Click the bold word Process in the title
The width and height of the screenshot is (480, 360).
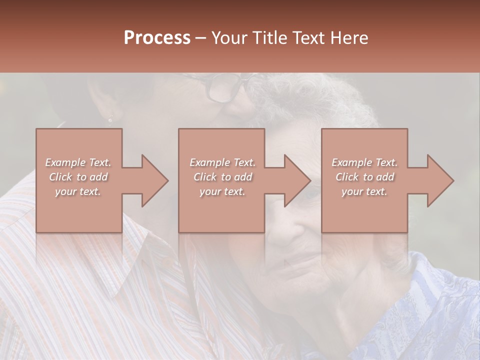(157, 38)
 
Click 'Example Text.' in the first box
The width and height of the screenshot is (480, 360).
(78, 162)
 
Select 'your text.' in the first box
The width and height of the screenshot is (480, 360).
(78, 191)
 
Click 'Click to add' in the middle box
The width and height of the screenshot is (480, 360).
(222, 177)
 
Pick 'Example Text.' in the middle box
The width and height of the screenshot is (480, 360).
(222, 162)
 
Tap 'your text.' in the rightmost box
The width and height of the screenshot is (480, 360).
(364, 191)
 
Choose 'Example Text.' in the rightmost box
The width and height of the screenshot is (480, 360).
(364, 162)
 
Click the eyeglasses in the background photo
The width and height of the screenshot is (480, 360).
(227, 87)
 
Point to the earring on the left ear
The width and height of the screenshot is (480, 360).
(110, 119)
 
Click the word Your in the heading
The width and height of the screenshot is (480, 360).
(229, 38)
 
